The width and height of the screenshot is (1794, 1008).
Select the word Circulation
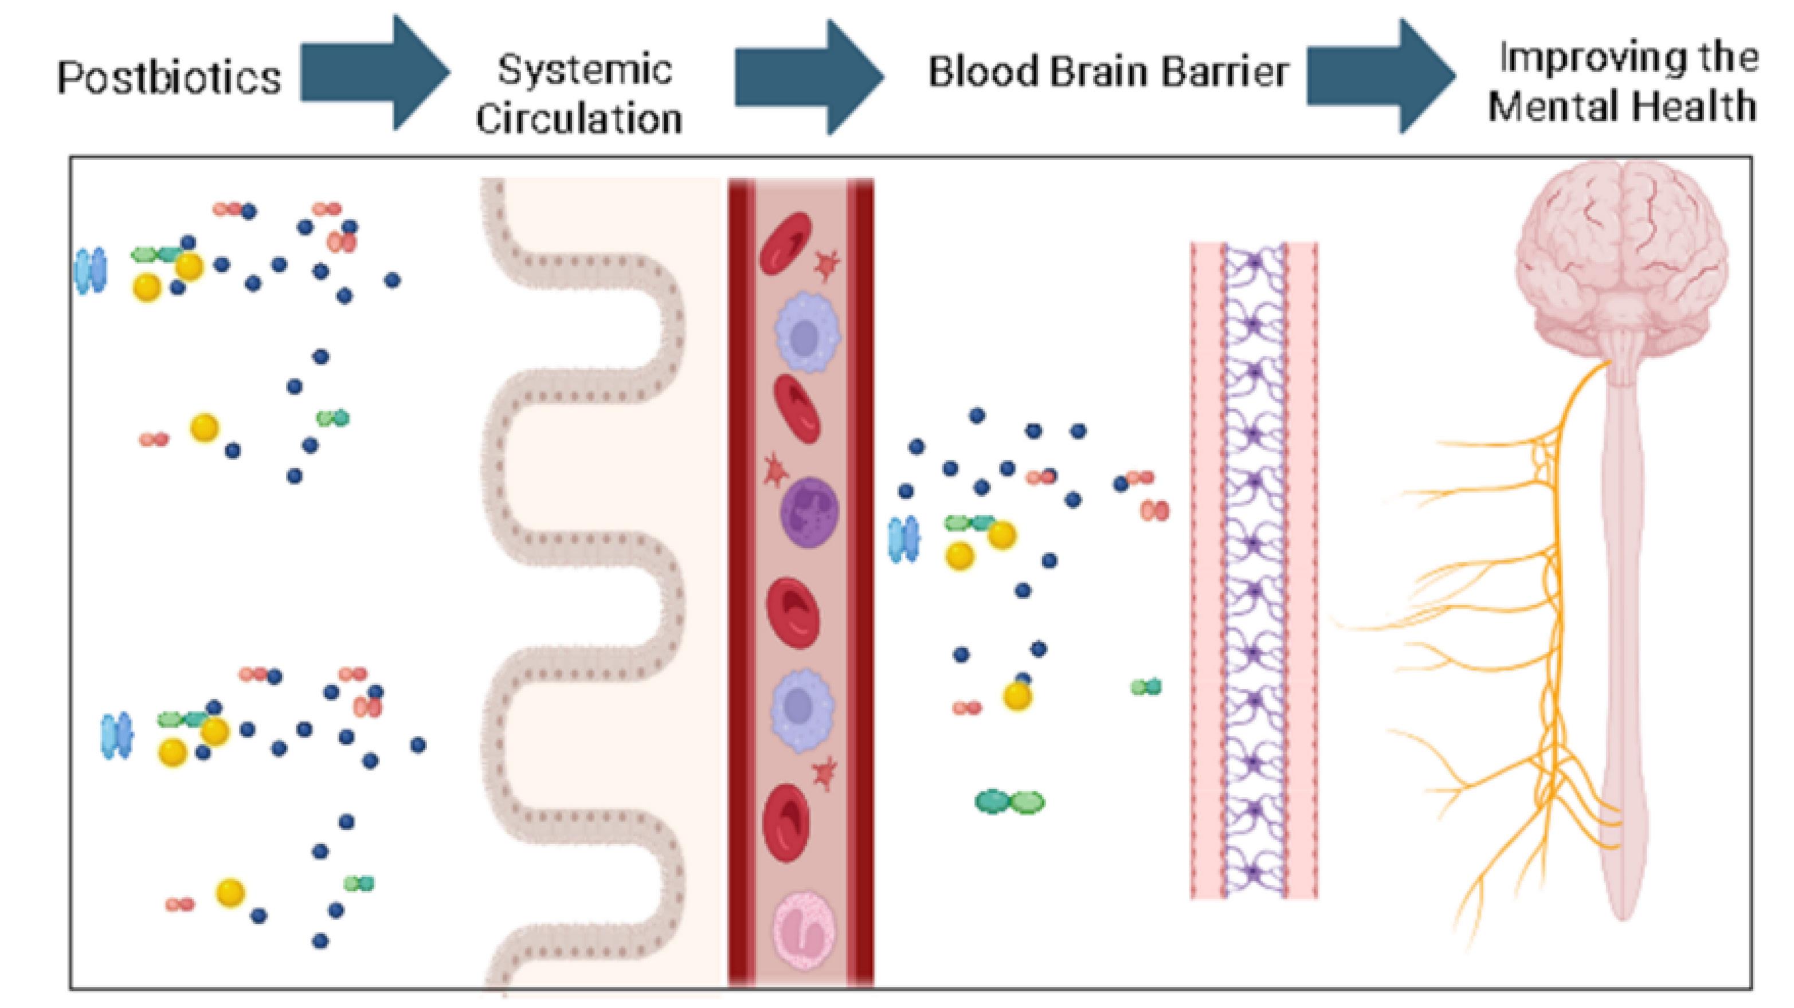579,119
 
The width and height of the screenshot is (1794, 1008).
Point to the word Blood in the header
984,72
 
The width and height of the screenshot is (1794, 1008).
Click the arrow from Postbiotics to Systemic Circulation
375,72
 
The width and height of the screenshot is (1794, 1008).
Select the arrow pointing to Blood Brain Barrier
809,77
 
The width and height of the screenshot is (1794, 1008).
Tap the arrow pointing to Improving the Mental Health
1380,77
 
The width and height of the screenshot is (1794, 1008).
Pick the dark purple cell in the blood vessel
809,512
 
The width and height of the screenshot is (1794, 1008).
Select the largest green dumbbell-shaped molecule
1010,802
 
